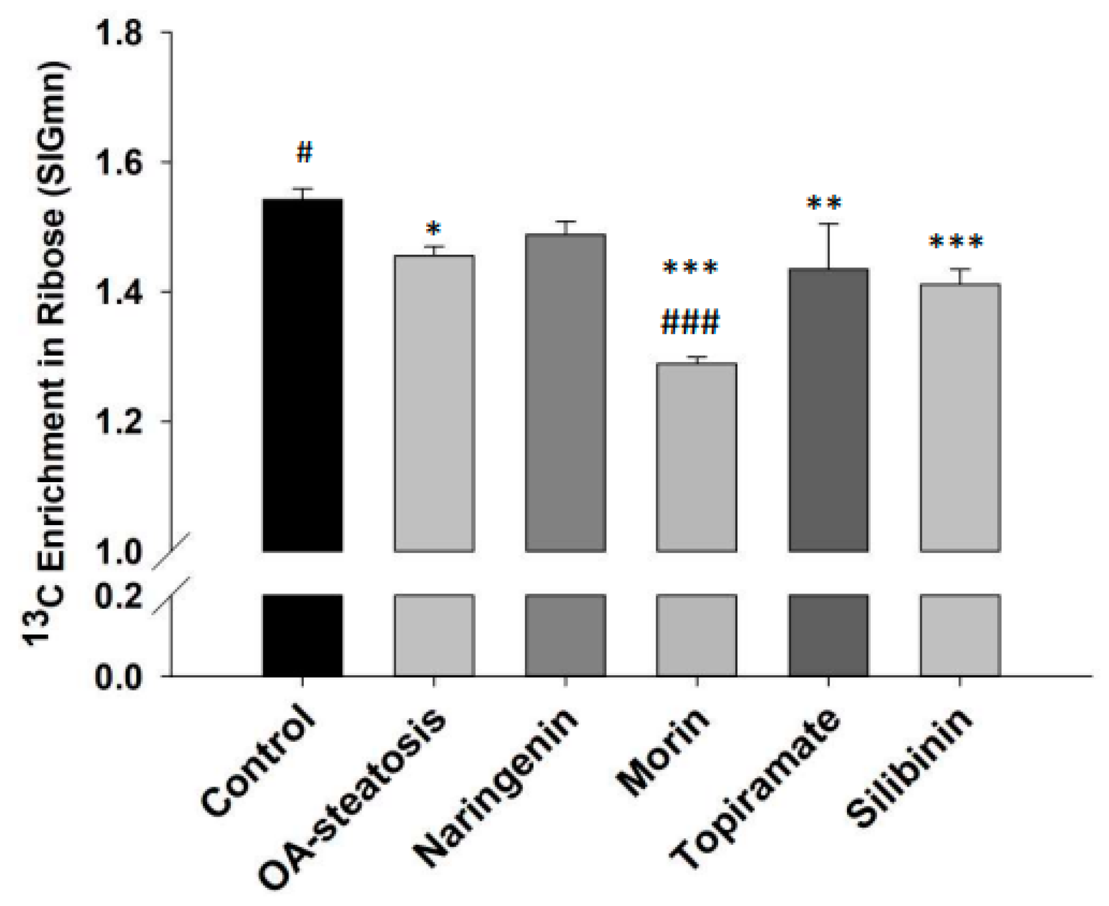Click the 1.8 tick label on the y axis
coord(119,34)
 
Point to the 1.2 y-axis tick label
coord(119,422)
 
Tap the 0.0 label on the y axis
coord(119,677)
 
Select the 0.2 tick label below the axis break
coord(119,597)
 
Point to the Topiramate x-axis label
coord(756,789)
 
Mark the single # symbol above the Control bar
coord(304,152)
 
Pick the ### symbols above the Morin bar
coord(690,323)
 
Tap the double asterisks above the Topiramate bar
coord(824,204)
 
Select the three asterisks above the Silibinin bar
coord(956,242)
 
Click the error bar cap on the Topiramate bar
coord(828,224)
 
